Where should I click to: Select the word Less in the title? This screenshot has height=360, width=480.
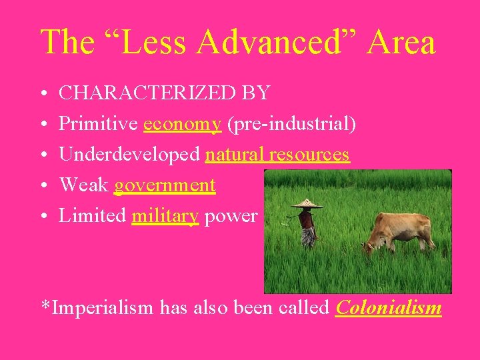click(142, 42)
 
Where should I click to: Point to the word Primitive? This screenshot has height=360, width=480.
click(99, 123)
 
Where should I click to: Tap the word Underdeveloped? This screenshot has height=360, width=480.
click(129, 154)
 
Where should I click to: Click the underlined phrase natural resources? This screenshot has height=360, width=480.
click(277, 154)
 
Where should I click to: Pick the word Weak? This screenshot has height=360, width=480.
click(84, 185)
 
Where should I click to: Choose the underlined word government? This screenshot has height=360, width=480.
click(165, 185)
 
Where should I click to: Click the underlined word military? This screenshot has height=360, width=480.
click(165, 215)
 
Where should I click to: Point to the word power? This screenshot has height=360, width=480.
click(231, 216)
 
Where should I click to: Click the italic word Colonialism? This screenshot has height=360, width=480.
click(389, 307)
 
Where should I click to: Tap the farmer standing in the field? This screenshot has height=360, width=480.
click(307, 227)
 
